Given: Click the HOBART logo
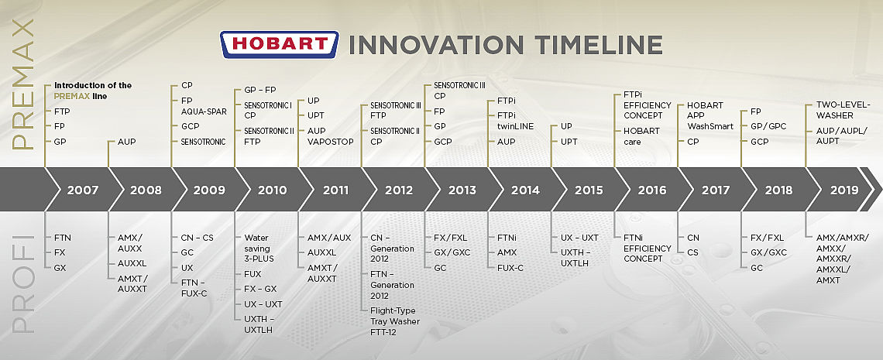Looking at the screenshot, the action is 280,44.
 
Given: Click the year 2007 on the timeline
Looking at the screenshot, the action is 83,190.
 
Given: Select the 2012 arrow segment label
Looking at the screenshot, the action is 399,190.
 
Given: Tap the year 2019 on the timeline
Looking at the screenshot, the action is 844,190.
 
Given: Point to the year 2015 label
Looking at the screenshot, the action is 589,190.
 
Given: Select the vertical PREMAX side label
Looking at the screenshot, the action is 22,84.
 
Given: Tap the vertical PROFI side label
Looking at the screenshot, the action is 22,283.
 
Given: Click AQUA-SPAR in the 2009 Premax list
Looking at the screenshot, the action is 204,112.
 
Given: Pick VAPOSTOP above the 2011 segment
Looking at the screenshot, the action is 331,142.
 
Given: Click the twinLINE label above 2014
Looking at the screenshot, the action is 515,126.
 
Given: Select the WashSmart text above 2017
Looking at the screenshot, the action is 711,126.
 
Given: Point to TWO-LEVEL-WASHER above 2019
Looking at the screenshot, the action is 843,110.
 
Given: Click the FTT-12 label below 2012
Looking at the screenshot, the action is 385,332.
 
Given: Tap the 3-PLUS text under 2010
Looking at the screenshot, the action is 259,259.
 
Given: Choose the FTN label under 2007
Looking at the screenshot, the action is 63,238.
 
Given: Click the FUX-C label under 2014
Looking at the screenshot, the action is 510,268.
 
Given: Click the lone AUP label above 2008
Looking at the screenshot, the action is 127,142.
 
